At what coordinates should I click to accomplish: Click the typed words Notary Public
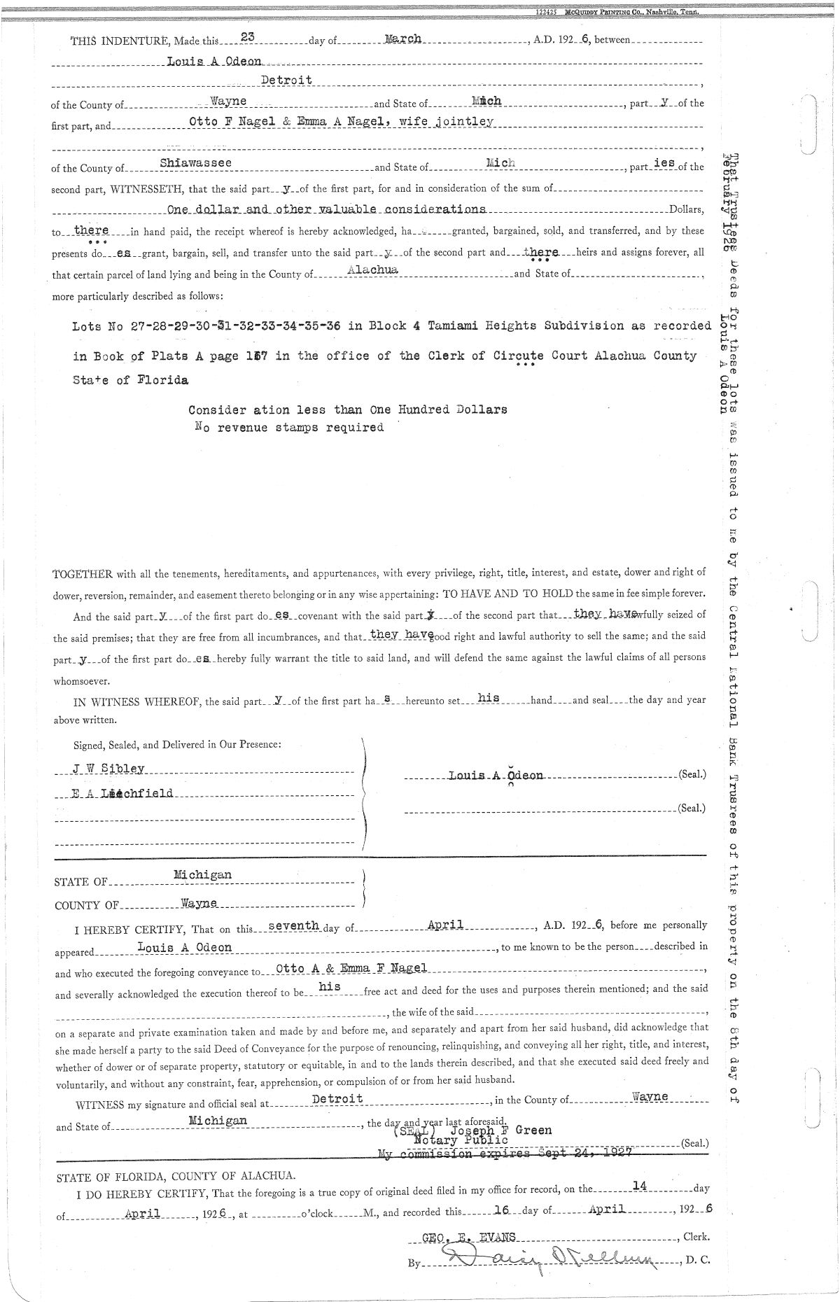pos(461,1140)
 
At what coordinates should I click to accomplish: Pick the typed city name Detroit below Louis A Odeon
pos(286,80)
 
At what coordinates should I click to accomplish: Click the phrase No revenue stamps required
pos(289,428)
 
